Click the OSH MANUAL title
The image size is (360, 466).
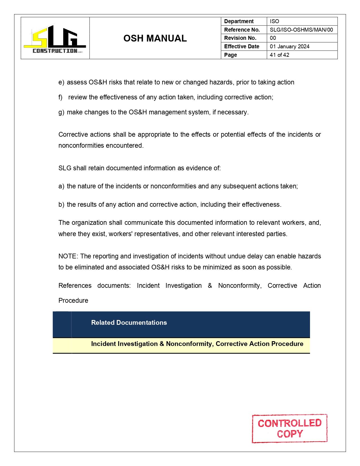[x=155, y=38]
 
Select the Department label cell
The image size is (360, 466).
[x=239, y=21]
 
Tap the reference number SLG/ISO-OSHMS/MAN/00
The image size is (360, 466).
[x=301, y=30]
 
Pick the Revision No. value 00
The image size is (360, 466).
[x=273, y=38]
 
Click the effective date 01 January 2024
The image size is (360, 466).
[x=289, y=47]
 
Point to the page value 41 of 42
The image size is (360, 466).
[x=279, y=55]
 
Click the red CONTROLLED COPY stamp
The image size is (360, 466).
[x=289, y=428]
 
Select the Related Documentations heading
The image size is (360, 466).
[x=129, y=323]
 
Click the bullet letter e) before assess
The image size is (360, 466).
[x=61, y=82]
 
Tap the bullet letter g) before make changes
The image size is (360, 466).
[x=61, y=112]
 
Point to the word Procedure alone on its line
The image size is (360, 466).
[x=73, y=300]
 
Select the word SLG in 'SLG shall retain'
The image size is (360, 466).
[x=65, y=168]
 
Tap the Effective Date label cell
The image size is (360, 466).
[x=241, y=47]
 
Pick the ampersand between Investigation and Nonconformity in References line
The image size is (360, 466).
[x=210, y=286]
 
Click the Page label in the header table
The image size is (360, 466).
[x=230, y=55]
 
